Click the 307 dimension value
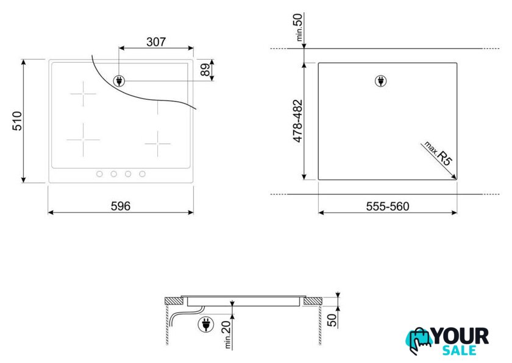pyautogui.click(x=156, y=42)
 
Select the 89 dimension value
pyautogui.click(x=205, y=69)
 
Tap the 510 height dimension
pyautogui.click(x=17, y=121)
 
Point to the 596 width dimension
pyautogui.click(x=121, y=206)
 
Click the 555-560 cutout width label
pyautogui.click(x=388, y=206)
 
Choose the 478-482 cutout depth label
pyautogui.click(x=298, y=121)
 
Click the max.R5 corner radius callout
pyautogui.click(x=438, y=153)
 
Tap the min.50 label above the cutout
pyautogui.click(x=299, y=27)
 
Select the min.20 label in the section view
pyautogui.click(x=227, y=334)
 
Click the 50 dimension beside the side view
pyautogui.click(x=332, y=320)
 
